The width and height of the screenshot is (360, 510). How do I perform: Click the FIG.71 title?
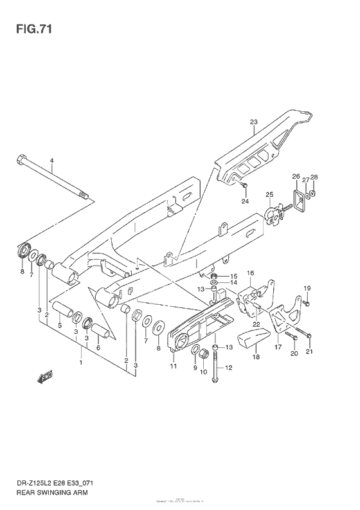[x=28, y=28]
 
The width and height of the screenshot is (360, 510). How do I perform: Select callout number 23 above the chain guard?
[x=253, y=123]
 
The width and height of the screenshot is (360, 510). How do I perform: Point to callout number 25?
[x=269, y=194]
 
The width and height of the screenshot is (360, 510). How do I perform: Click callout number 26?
[x=296, y=177]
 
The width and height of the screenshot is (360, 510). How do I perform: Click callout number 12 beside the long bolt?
[x=228, y=367]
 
